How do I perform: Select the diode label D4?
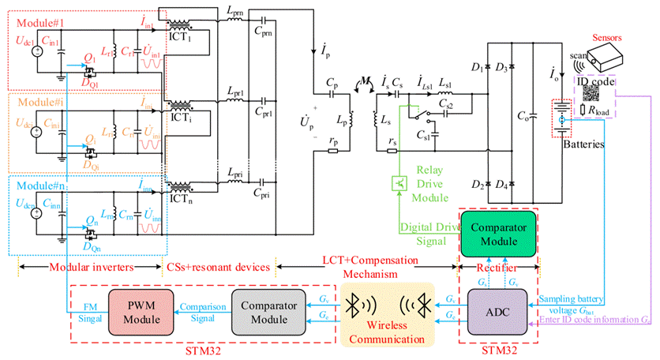(x=501, y=183)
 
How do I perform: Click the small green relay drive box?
(x=399, y=183)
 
